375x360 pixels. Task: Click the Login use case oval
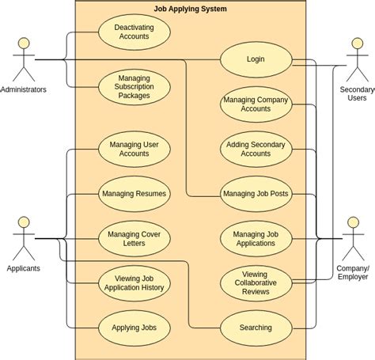click(x=256, y=59)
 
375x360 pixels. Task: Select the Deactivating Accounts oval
click(x=134, y=32)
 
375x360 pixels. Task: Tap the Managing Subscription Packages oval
click(x=134, y=87)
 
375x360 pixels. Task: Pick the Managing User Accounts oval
click(x=134, y=149)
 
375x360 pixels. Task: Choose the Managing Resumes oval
click(x=134, y=193)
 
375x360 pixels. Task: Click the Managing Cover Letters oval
click(x=134, y=238)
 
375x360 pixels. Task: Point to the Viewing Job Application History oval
click(x=134, y=283)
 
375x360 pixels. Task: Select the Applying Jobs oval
click(x=134, y=328)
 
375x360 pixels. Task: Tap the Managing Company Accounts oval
click(x=256, y=104)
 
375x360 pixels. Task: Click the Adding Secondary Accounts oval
click(x=256, y=149)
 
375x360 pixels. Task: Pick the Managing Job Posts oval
click(x=256, y=193)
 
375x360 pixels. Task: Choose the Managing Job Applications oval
click(x=256, y=238)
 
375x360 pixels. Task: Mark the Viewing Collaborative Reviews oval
click(x=256, y=283)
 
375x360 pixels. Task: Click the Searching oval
click(x=256, y=328)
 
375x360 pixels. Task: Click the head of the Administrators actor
click(x=23, y=43)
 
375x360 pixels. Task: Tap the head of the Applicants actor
click(x=23, y=222)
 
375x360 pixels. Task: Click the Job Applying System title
click(x=190, y=9)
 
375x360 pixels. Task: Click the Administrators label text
click(x=24, y=89)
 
